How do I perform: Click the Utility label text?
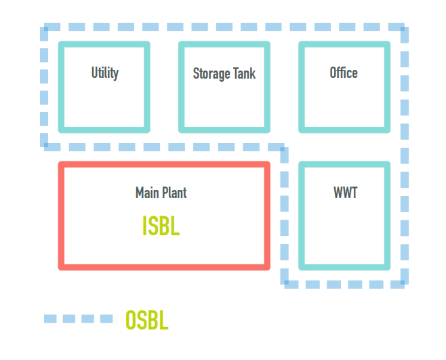pos(104,73)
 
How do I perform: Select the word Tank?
pos(244,73)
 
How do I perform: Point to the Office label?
pos(343,73)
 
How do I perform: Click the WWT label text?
pos(345,193)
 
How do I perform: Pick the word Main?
pos(147,193)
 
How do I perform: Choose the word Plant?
pos(174,193)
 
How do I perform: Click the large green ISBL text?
pos(161,226)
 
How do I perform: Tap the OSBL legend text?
pos(146,320)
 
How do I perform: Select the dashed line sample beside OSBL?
pos(78,319)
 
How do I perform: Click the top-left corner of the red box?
pos(62,165)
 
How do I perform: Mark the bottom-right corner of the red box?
pos(267,266)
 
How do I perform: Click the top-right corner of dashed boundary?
pos(404,29)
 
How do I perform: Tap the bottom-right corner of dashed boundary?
pos(404,283)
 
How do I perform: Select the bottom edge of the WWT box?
pos(344,266)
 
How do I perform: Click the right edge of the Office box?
pos(388,87)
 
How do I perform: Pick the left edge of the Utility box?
pos(61,87)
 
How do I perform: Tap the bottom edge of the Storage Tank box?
pos(224,129)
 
